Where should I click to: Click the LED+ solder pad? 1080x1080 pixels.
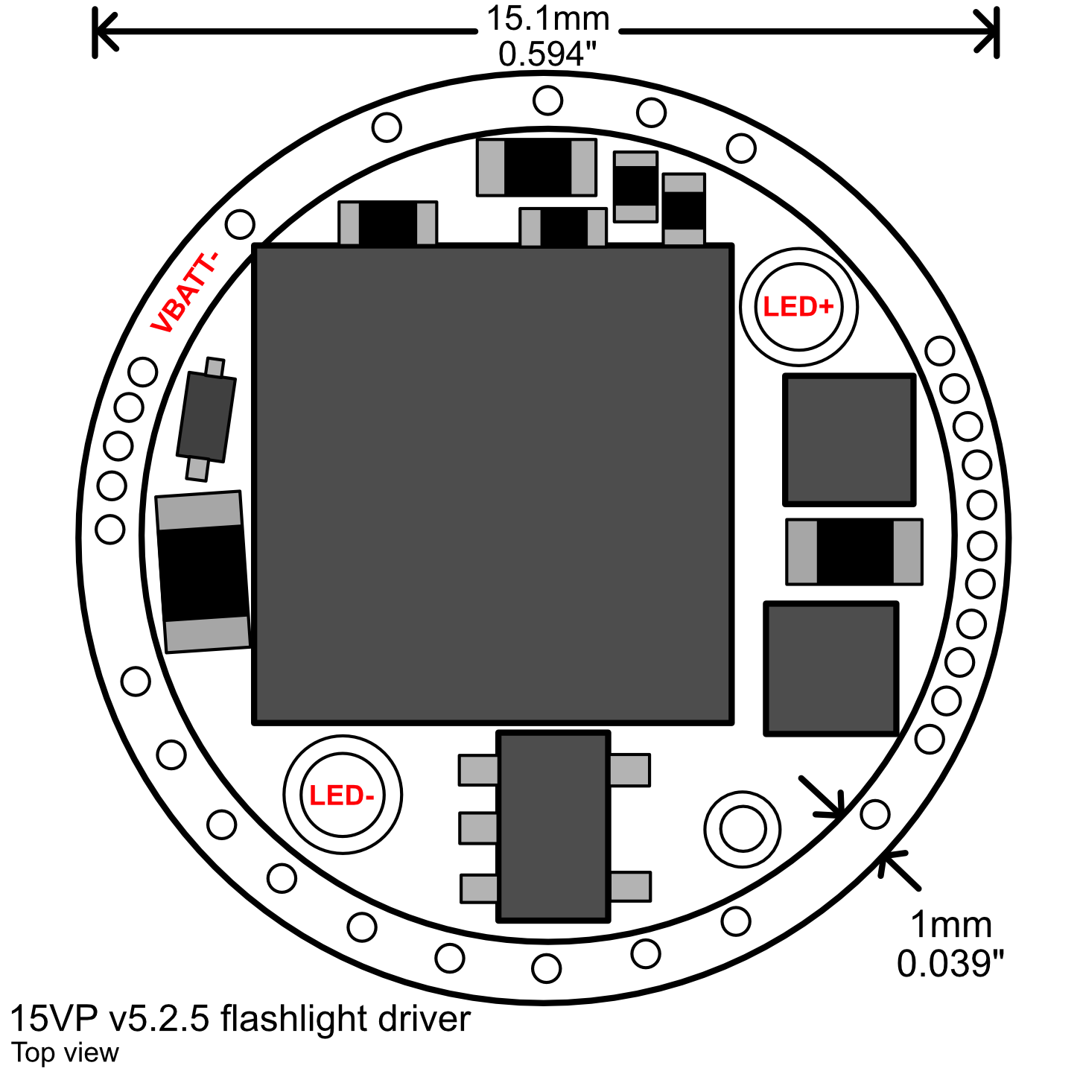point(798,307)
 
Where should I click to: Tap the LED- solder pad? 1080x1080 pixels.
point(343,794)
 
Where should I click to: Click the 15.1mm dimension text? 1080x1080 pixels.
point(547,19)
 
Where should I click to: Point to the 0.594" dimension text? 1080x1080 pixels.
point(547,54)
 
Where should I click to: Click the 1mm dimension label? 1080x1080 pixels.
point(951,924)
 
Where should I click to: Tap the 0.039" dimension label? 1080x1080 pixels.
point(950,963)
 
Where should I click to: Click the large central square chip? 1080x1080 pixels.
point(493,484)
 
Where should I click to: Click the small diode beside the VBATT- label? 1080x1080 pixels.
point(206,419)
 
